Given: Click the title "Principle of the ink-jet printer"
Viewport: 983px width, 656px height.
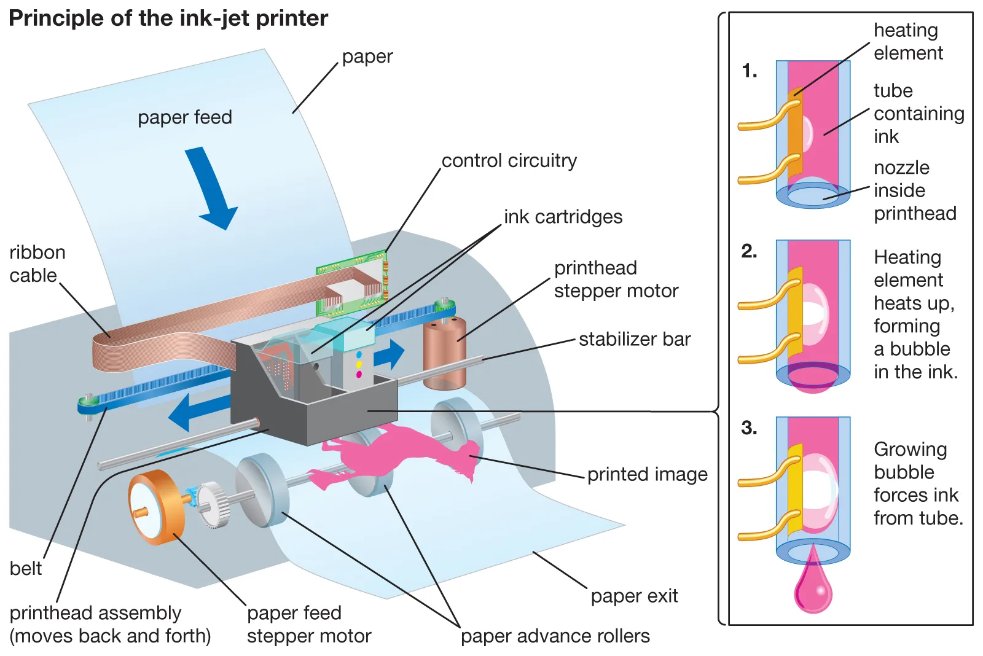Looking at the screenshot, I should pos(168,18).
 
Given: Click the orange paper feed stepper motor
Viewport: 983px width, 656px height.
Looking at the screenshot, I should pos(157,506).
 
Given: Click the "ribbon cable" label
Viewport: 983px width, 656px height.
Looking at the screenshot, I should pos(37,264).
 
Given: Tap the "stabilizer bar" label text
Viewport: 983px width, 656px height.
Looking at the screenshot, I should pos(635,339).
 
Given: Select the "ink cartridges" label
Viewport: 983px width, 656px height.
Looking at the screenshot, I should pos(563,217).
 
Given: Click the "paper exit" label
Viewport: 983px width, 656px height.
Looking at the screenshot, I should pos(634,596).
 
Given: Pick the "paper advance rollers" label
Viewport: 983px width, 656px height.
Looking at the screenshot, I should pos(555,636).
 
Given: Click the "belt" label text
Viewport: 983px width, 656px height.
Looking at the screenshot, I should pos(26,568).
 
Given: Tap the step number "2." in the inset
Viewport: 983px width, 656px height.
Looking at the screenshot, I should pos(749,251).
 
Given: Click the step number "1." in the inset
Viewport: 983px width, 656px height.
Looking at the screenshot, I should pos(749,71).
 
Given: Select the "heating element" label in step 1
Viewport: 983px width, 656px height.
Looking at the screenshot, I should pos(907,41).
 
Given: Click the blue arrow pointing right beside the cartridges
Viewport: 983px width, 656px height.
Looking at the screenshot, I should pos(390,354).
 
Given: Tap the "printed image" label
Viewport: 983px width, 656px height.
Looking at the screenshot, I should pos(647,474).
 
